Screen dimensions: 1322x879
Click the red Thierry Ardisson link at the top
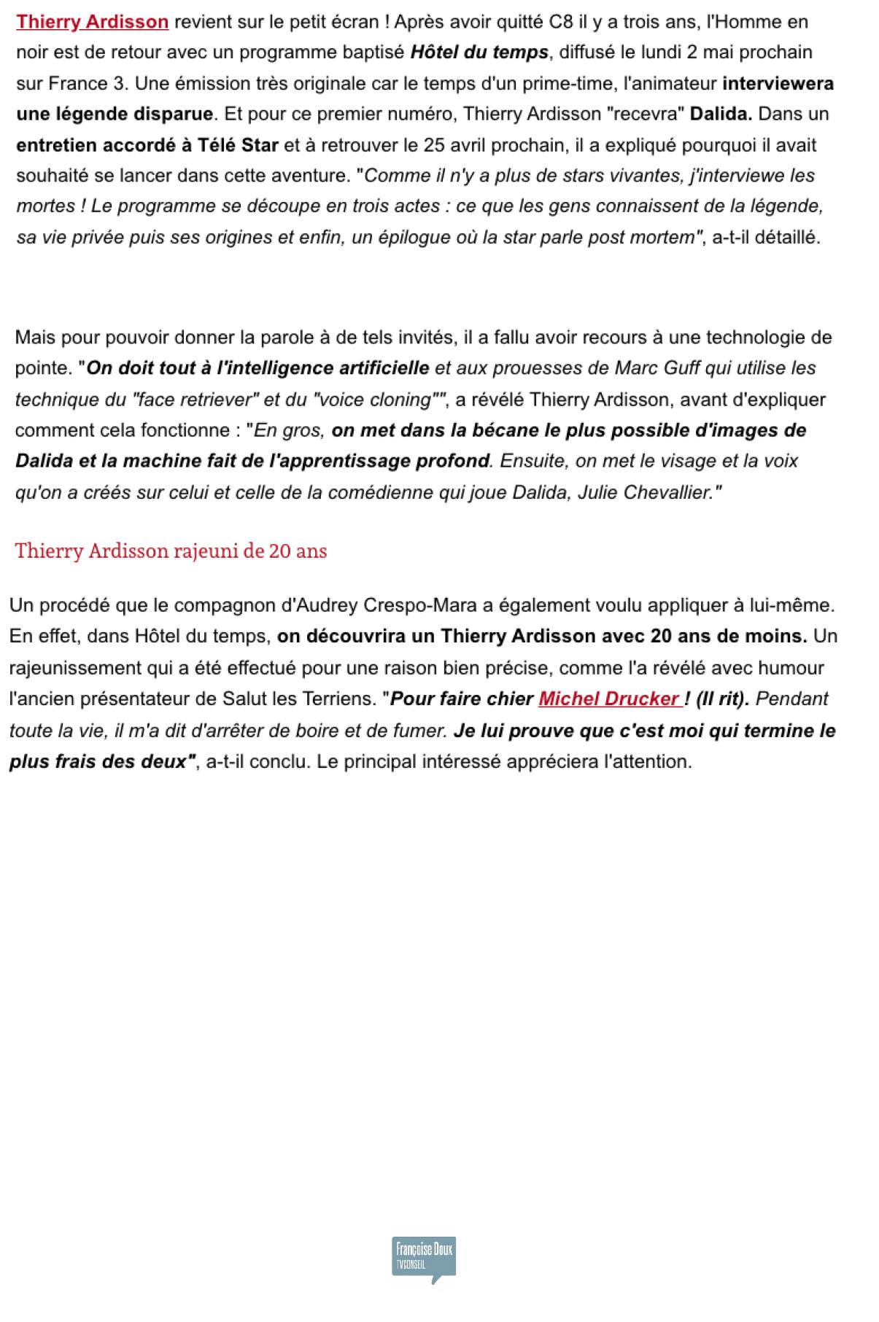pos(92,22)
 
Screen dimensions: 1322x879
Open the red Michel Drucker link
pos(609,699)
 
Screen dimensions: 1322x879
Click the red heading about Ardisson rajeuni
pos(171,551)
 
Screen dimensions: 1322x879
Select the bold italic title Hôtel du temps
pos(479,53)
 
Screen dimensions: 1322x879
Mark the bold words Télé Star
pos(238,145)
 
